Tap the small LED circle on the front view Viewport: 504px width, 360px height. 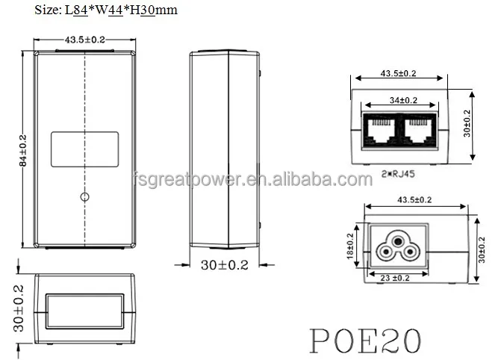point(85,197)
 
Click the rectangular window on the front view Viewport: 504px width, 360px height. point(84,149)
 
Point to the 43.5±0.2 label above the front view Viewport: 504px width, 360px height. point(84,39)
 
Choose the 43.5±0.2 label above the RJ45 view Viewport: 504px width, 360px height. point(398,73)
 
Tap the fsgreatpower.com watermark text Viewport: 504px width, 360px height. point(251,179)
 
